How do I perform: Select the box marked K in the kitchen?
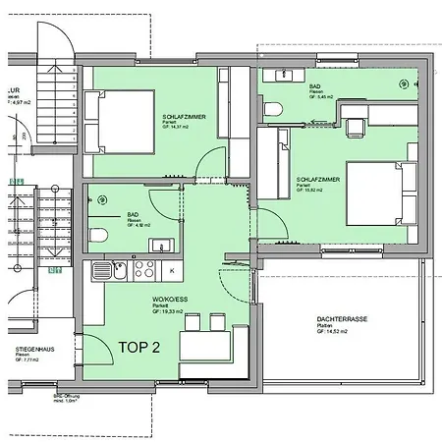172,269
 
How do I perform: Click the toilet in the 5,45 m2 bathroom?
276,107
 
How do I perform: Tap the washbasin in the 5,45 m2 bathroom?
277,75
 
